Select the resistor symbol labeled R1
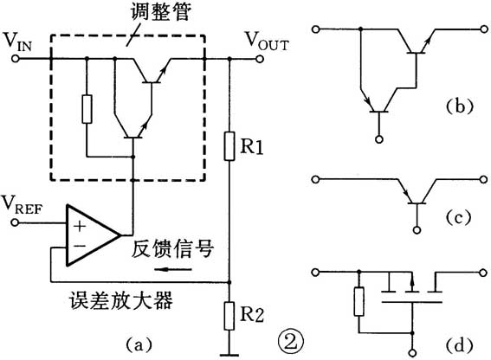tap(229, 145)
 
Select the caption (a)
tap(137, 344)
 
